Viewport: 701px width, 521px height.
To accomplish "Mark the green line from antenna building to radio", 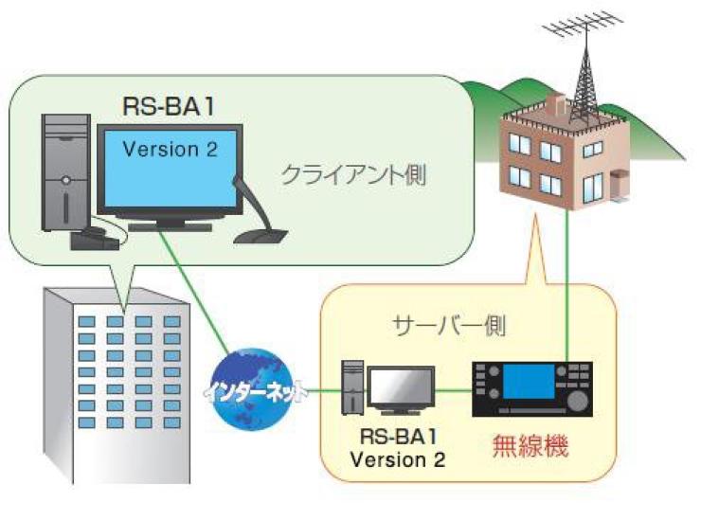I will pyautogui.click(x=566, y=284).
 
